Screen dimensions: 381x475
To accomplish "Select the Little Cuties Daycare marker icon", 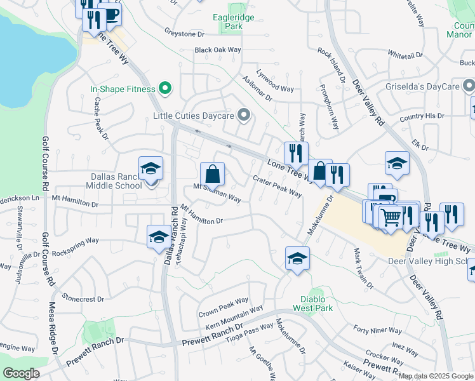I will pos(244,116).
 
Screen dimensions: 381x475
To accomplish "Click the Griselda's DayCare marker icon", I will pos(469,84).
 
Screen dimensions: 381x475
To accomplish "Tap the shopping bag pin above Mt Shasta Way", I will pos(212,174).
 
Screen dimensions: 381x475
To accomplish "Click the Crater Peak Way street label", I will pos(278,187).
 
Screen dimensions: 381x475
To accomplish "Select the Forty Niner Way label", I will pos(378,330).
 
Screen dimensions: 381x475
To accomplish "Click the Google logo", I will pos(21,373).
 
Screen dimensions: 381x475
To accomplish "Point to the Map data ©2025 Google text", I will pos(436,376).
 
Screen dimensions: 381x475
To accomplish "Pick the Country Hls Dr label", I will pos(422,117).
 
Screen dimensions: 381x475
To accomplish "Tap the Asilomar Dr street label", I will pos(257,88).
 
